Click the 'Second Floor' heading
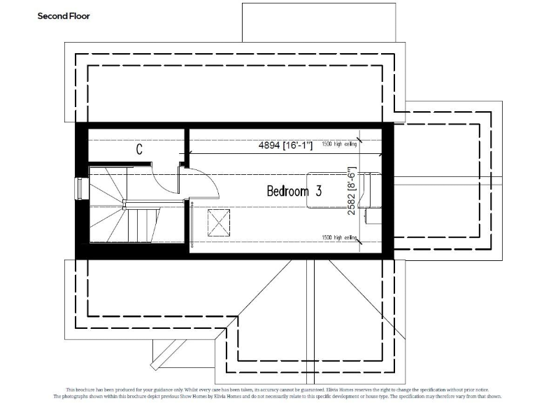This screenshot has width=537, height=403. [63, 15]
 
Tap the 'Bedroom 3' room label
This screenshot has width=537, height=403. [294, 191]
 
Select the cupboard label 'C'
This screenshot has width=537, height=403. [139, 149]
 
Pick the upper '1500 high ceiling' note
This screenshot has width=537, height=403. [339, 145]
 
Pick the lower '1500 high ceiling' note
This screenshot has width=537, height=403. [339, 238]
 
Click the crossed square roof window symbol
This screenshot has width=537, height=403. [219, 225]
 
